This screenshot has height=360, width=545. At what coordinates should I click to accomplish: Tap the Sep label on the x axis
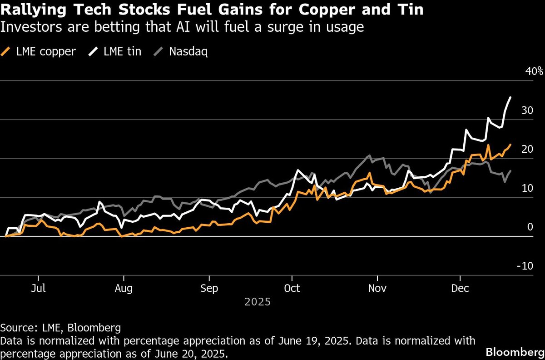tap(209, 289)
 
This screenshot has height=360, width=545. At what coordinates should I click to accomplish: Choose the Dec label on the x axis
tap(460, 289)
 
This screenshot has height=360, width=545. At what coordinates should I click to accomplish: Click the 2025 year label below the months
tap(258, 302)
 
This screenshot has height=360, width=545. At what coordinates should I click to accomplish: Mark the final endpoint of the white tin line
tap(510, 97)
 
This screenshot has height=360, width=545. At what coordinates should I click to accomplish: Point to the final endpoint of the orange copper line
tap(510, 145)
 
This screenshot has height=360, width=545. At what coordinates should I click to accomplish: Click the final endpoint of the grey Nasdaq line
tap(510, 171)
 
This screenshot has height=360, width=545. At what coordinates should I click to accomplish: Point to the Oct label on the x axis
tap(292, 289)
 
